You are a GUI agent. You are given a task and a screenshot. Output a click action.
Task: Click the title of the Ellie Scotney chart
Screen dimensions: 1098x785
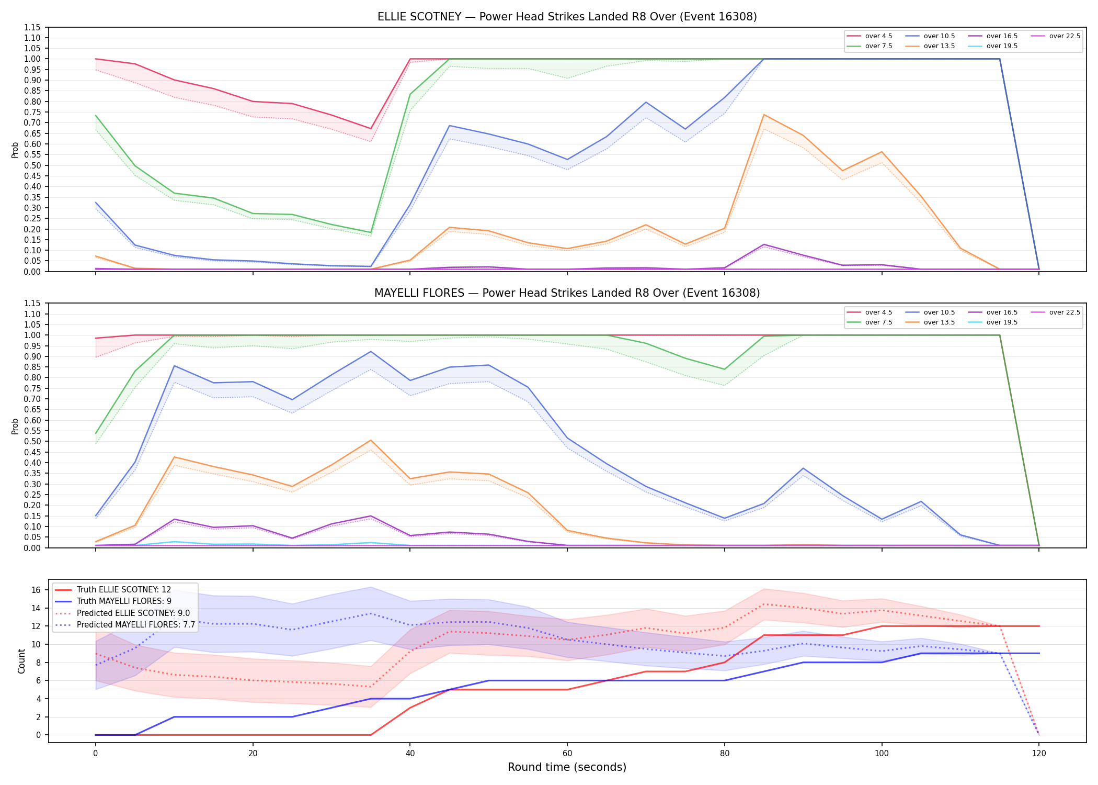[x=567, y=17]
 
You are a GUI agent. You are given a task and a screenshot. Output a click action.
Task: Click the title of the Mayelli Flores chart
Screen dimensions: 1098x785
[x=567, y=293]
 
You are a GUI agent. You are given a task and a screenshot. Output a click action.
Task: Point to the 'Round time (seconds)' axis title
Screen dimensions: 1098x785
[x=567, y=767]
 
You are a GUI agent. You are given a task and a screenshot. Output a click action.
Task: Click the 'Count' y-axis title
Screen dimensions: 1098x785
[x=21, y=661]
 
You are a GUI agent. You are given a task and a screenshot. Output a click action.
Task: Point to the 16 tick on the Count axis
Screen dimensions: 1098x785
[x=36, y=590]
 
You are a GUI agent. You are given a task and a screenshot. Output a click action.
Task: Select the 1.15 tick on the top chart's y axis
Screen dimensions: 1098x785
[x=32, y=27]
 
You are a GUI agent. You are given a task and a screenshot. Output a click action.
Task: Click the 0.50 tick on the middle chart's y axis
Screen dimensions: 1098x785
[x=32, y=441]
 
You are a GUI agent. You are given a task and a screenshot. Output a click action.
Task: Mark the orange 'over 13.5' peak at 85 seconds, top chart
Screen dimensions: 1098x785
[x=764, y=115]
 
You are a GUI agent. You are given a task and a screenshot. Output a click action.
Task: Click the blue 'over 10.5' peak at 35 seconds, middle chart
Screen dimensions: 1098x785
[x=371, y=352]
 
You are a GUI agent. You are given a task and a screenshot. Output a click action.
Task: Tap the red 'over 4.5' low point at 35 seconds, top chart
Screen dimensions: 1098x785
[x=371, y=129]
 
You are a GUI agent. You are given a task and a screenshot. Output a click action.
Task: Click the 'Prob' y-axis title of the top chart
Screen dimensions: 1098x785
[x=15, y=150]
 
